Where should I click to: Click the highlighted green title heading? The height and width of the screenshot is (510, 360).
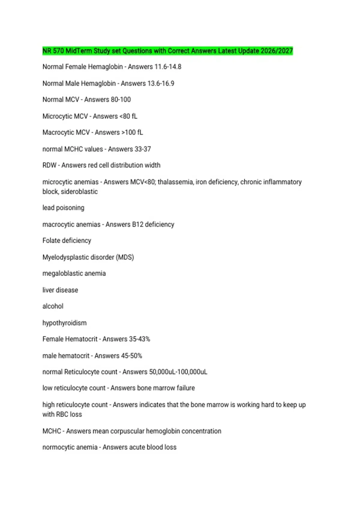[x=167, y=51]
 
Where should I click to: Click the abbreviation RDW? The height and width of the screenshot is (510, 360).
[x=49, y=165]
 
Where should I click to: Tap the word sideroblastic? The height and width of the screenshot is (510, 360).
[x=79, y=192]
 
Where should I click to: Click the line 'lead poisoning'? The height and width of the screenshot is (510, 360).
[x=63, y=208]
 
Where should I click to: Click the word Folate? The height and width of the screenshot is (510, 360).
[x=51, y=241]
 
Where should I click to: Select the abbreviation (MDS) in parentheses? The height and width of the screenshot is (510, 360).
[x=125, y=257]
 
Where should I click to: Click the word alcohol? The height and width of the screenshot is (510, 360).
[x=53, y=306]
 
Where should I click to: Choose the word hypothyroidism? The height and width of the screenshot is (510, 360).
[x=64, y=323]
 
